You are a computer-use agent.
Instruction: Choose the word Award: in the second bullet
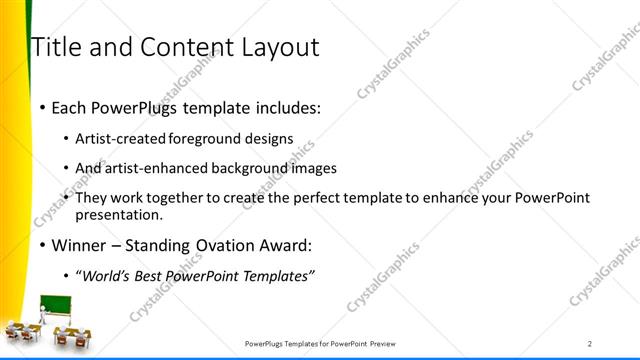click(x=283, y=245)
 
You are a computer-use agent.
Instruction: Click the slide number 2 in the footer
click(x=590, y=343)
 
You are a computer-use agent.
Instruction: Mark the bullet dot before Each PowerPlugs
click(x=41, y=105)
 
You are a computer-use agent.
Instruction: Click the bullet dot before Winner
click(x=41, y=245)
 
